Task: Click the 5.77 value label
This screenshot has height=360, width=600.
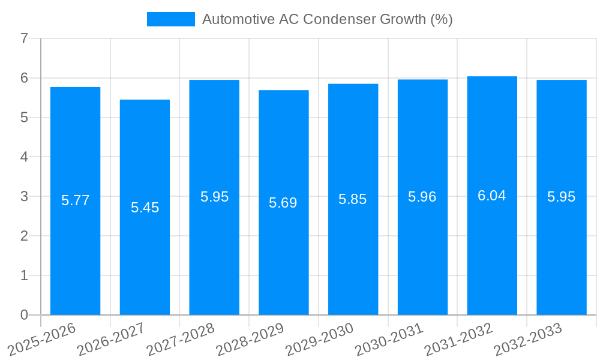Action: coord(75,200)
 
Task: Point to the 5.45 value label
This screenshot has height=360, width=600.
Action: coord(145,208)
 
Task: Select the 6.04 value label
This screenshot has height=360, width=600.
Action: coord(492,196)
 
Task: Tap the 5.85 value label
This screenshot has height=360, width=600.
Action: coord(353,200)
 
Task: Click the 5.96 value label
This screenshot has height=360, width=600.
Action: coord(422,197)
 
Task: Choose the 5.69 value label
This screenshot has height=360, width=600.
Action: coord(283,203)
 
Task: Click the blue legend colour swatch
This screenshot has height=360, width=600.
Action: coord(171,19)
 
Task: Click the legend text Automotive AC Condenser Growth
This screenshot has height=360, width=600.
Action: coord(327,19)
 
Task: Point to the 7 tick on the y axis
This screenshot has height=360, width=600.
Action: coord(24,38)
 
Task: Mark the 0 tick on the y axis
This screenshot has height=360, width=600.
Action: coord(24,315)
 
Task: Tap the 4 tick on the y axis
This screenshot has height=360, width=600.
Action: coord(24,157)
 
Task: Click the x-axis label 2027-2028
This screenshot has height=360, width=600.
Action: coord(179,339)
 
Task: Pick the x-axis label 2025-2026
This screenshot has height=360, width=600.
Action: coord(40,339)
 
